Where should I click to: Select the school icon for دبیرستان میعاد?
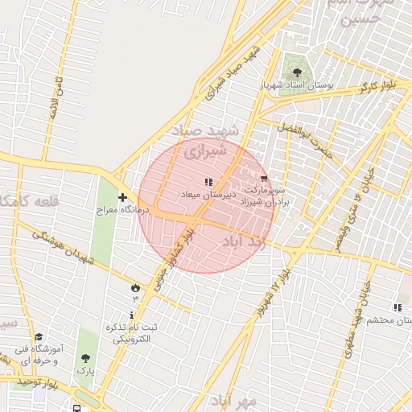pyautogui.click(x=208, y=183)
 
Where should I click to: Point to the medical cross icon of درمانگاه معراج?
pyautogui.click(x=122, y=197)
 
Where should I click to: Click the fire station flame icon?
pyautogui.click(x=134, y=287)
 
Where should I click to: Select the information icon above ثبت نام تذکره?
pyautogui.click(x=132, y=314)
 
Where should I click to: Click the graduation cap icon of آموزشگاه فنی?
pyautogui.click(x=39, y=338)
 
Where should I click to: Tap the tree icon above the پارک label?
pyautogui.click(x=85, y=359)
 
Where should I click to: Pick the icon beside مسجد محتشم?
pyautogui.click(x=397, y=307)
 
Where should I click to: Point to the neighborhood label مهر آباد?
pyautogui.click(x=234, y=400)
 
